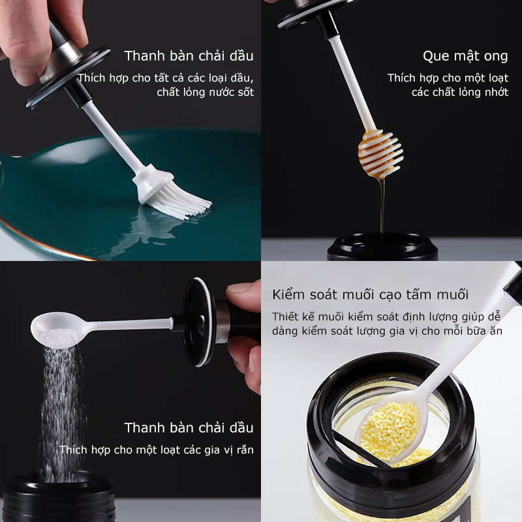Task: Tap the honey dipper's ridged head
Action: (x=380, y=153)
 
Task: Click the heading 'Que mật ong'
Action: (x=465, y=56)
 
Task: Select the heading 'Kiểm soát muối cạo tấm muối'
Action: (x=370, y=295)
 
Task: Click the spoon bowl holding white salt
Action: (x=57, y=330)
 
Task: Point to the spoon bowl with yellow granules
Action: (x=390, y=429)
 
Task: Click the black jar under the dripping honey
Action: (x=382, y=247)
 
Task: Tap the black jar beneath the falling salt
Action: (x=59, y=497)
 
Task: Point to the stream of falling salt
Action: (x=61, y=413)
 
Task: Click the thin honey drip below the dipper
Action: (x=382, y=206)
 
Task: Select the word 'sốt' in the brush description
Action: (x=246, y=92)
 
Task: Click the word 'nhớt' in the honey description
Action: (x=497, y=92)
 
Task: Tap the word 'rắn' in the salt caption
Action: (x=245, y=450)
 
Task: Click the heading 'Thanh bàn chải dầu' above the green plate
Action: (x=189, y=56)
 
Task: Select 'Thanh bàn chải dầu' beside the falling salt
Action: (x=189, y=428)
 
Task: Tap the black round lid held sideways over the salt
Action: (x=198, y=322)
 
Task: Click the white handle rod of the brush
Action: (x=114, y=136)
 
